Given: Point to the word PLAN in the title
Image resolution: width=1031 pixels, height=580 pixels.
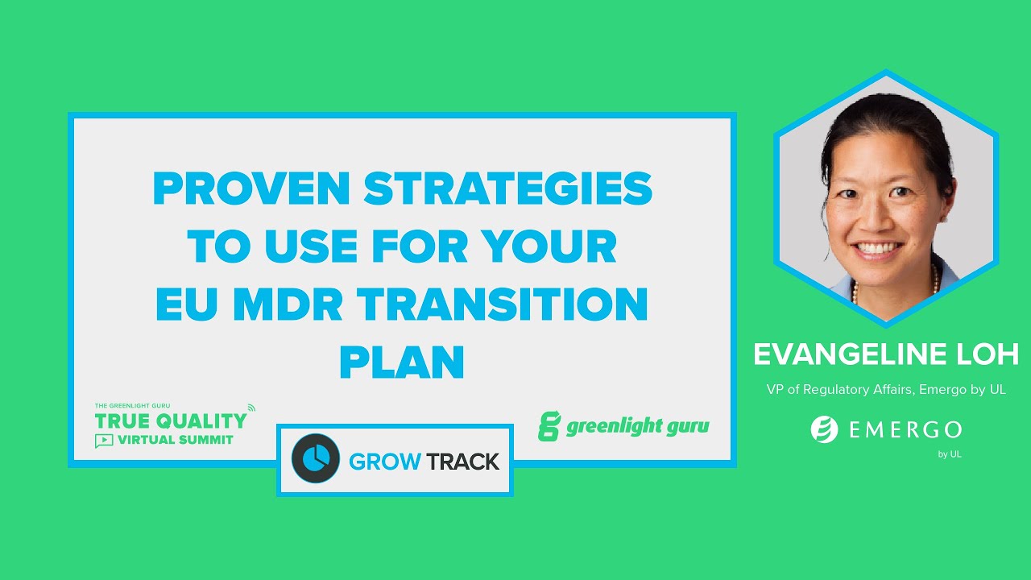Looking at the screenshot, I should pyautogui.click(x=402, y=362).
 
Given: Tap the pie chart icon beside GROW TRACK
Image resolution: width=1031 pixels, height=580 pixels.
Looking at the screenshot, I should pyautogui.click(x=315, y=458).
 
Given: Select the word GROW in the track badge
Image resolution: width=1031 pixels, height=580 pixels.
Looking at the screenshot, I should pyautogui.click(x=385, y=462).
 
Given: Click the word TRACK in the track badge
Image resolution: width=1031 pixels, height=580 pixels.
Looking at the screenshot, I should pyautogui.click(x=462, y=462).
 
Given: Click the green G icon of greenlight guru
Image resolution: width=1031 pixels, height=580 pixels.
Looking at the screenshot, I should pyautogui.click(x=549, y=426).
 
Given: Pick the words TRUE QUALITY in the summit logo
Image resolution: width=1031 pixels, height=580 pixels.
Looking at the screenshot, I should pyautogui.click(x=171, y=420).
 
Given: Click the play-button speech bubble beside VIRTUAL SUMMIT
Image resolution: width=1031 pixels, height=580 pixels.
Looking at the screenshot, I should pyautogui.click(x=104, y=441).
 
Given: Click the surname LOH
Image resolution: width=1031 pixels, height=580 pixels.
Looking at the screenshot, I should pyautogui.click(x=991, y=354).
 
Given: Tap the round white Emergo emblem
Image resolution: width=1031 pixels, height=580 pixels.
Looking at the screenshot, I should pyautogui.click(x=825, y=429).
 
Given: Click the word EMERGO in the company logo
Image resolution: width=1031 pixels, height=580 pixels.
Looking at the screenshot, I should pyautogui.click(x=905, y=429).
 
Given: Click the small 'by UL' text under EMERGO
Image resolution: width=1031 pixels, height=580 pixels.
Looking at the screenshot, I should pyautogui.click(x=949, y=454).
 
